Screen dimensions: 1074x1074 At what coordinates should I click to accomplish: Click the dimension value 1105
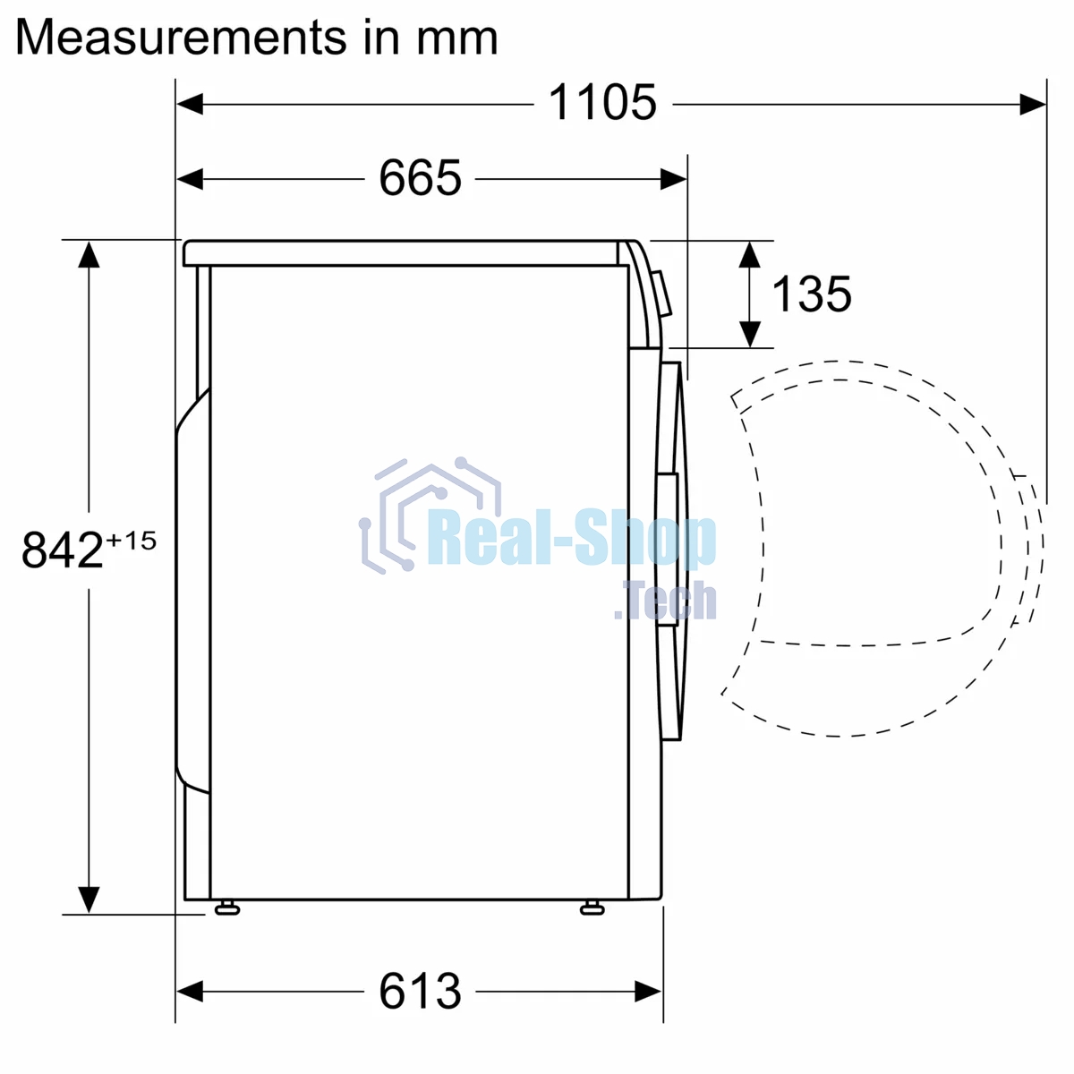coord(602,103)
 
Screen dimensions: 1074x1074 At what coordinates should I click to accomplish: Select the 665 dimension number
coord(420,178)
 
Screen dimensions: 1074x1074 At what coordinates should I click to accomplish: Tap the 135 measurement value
coord(811,294)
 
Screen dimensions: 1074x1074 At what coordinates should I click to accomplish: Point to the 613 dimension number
coord(420,991)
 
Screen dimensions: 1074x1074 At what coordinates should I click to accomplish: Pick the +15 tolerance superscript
coord(132,541)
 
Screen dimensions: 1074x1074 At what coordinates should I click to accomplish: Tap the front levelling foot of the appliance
coord(592,908)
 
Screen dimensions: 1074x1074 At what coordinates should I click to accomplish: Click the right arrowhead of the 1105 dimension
coord(1033,105)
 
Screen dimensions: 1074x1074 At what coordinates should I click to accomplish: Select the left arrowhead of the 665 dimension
coord(191,180)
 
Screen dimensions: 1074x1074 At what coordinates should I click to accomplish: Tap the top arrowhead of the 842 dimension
coord(88,254)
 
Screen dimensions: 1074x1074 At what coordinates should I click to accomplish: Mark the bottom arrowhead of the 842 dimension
coord(88,899)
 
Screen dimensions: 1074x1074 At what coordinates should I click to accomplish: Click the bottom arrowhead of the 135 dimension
coord(750,334)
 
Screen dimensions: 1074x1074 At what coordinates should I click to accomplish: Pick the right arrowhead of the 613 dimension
coord(648,992)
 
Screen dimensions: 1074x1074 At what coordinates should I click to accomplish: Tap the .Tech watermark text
coord(667,601)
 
